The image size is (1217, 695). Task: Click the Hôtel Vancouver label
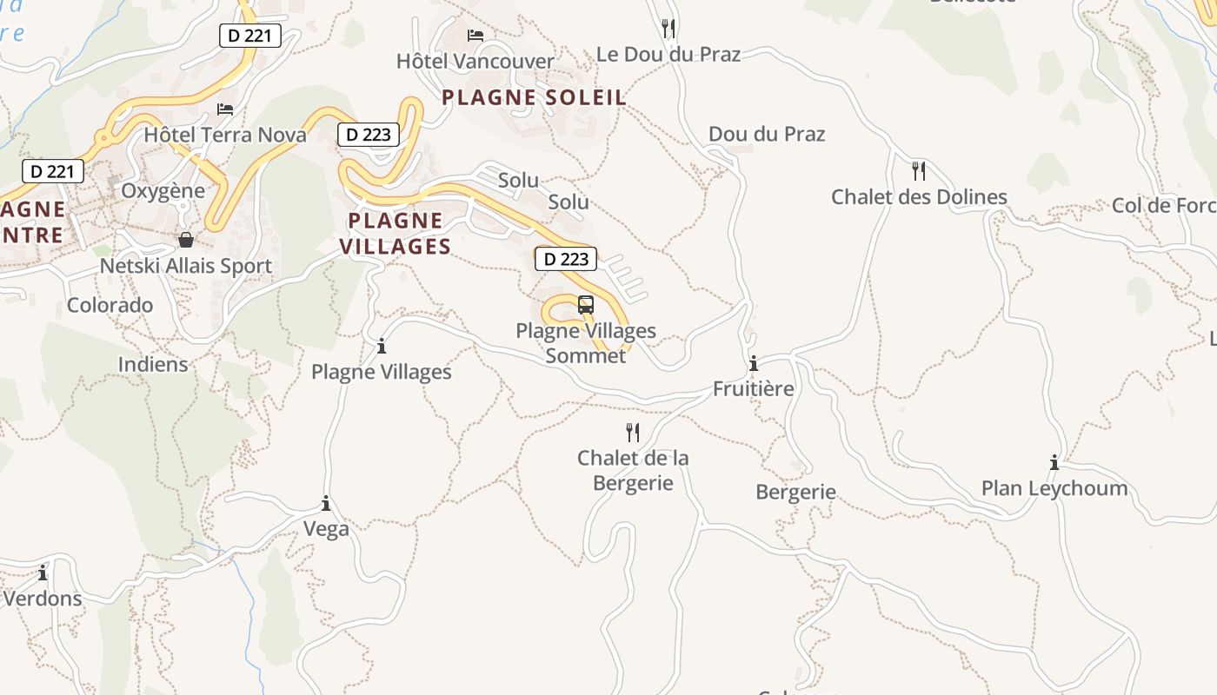pyautogui.click(x=475, y=61)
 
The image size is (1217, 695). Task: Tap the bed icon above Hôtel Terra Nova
pyautogui.click(x=225, y=109)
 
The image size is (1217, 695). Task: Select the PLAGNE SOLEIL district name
pyautogui.click(x=534, y=97)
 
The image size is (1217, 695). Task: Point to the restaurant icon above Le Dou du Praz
pyautogui.click(x=668, y=28)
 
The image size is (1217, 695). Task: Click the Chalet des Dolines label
pyautogui.click(x=919, y=196)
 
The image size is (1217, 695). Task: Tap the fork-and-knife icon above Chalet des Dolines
pyautogui.click(x=919, y=170)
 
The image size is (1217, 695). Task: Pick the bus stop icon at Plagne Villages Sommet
pyautogui.click(x=586, y=305)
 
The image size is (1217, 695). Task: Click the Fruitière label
pyautogui.click(x=753, y=388)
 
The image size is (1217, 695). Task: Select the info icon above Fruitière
pyautogui.click(x=754, y=363)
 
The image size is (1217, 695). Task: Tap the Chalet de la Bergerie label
pyautogui.click(x=633, y=470)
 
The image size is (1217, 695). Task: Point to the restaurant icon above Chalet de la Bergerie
pyautogui.click(x=633, y=432)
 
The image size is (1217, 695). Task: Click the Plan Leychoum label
pyautogui.click(x=1054, y=487)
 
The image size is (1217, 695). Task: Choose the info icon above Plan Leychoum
pyautogui.click(x=1054, y=462)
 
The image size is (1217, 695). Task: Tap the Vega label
pyautogui.click(x=326, y=528)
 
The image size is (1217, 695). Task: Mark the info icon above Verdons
pyautogui.click(x=43, y=573)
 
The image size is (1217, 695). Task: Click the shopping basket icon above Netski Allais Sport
pyautogui.click(x=185, y=240)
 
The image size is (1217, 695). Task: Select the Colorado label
pyautogui.click(x=110, y=305)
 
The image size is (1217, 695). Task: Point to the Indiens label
pyautogui.click(x=153, y=363)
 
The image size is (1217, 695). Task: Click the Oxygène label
pyautogui.click(x=163, y=190)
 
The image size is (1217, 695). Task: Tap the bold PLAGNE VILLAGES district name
pyautogui.click(x=396, y=233)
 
